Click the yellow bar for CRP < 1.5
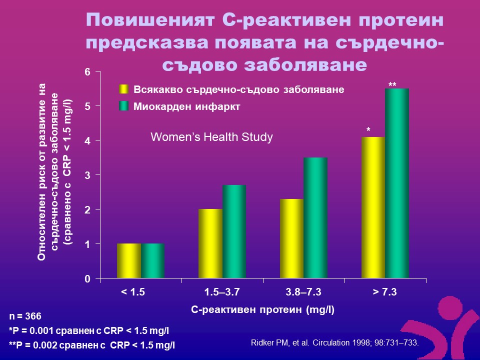click(129, 260)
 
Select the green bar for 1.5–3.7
click(234, 231)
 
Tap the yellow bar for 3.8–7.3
click(291, 238)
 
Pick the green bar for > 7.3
click(397, 183)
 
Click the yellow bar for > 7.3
click(373, 207)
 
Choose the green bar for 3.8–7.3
click(315, 217)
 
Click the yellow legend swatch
click(123, 89)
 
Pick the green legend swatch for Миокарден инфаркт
click(123, 106)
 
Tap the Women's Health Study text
click(212, 137)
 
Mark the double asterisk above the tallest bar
click(392, 85)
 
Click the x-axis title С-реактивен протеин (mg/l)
click(262, 309)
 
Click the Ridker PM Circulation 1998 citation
click(333, 343)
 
